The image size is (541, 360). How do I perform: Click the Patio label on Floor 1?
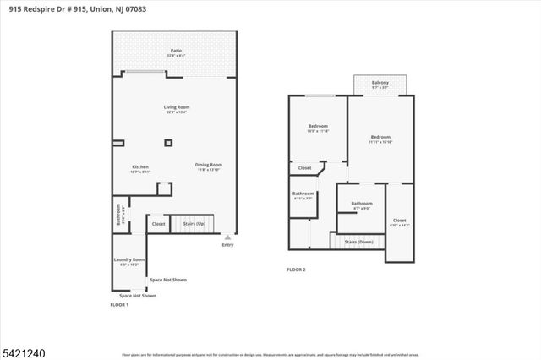[176, 52]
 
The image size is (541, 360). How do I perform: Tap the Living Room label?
[176, 108]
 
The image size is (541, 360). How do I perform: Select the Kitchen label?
[141, 166]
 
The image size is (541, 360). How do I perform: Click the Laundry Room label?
[129, 260]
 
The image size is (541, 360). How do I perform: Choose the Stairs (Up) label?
[194, 224]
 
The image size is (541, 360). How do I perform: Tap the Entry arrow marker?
[227, 237]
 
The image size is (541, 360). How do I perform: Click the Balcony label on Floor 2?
[380, 84]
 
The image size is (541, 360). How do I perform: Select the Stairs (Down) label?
[359, 242]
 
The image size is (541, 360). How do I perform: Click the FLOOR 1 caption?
[119, 304]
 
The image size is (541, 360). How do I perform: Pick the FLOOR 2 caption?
[296, 270]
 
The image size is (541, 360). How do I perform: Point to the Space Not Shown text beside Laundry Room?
[168, 280]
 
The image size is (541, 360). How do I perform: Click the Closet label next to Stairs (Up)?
[158, 224]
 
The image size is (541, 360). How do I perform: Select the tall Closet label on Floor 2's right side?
[399, 221]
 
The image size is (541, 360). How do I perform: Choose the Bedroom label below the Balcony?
[380, 139]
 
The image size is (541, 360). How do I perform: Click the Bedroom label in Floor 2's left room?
[317, 128]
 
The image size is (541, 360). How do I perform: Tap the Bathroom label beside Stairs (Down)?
[362, 204]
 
